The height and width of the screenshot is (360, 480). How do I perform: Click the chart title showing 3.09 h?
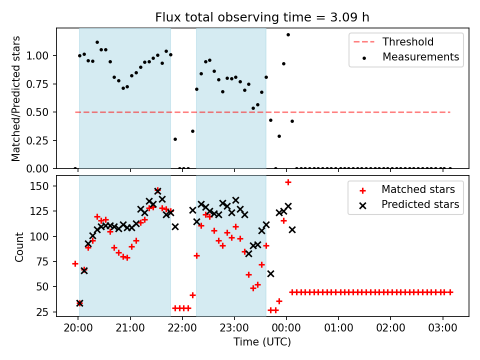click(262, 17)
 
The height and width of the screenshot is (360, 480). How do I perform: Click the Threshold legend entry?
click(393, 41)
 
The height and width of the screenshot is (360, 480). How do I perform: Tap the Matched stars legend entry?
click(407, 189)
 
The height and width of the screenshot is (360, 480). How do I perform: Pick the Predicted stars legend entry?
click(409, 204)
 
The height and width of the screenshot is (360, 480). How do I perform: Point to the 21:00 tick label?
click(130, 328)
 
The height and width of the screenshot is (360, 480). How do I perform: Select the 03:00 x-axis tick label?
click(442, 328)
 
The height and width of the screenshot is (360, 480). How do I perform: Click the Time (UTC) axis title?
click(262, 341)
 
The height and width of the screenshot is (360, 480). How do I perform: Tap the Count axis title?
click(19, 246)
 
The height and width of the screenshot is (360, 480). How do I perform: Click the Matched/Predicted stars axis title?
click(16, 98)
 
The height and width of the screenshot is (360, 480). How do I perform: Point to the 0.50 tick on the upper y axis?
click(37, 112)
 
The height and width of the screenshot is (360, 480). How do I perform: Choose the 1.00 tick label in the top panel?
click(37, 55)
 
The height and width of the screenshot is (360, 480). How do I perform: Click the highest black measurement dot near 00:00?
click(288, 34)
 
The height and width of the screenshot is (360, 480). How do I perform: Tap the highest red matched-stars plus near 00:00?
click(288, 182)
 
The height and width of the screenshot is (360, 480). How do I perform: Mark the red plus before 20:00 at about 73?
click(75, 264)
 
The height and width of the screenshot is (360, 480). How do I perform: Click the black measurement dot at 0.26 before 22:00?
click(175, 139)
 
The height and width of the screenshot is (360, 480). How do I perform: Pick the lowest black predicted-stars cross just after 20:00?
click(79, 303)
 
